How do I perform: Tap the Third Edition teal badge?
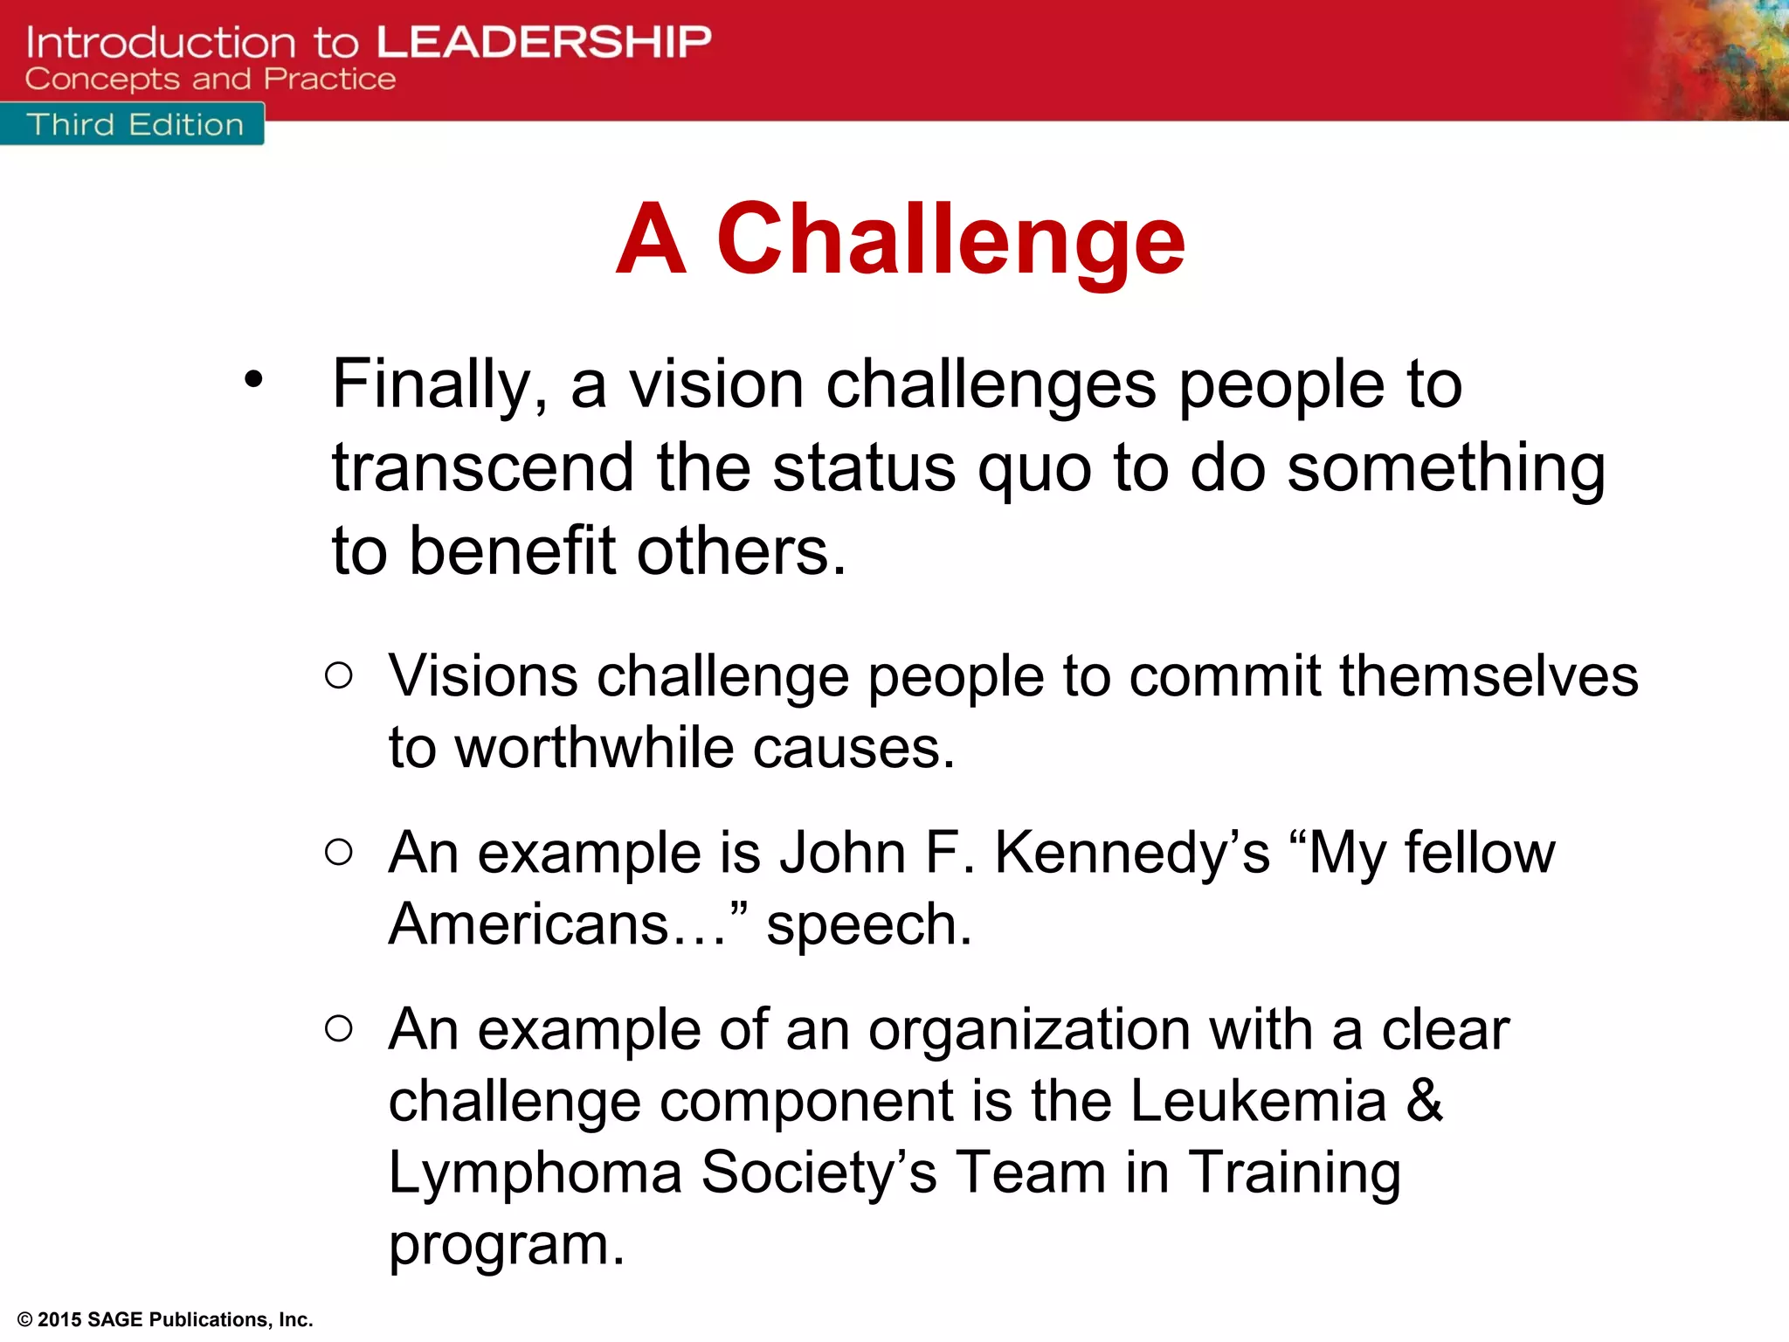click(133, 125)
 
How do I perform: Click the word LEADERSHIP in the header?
click(543, 42)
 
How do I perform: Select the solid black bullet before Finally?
click(253, 379)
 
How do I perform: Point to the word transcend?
click(483, 467)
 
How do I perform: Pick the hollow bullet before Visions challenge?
click(339, 675)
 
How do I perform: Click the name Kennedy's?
click(1132, 853)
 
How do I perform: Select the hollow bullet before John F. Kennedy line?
click(339, 852)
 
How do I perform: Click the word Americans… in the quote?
click(557, 924)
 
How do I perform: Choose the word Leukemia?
click(1258, 1101)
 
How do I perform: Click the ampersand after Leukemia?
click(1424, 1101)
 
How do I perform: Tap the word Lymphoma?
click(535, 1173)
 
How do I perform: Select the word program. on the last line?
click(507, 1246)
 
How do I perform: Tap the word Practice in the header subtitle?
click(330, 80)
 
